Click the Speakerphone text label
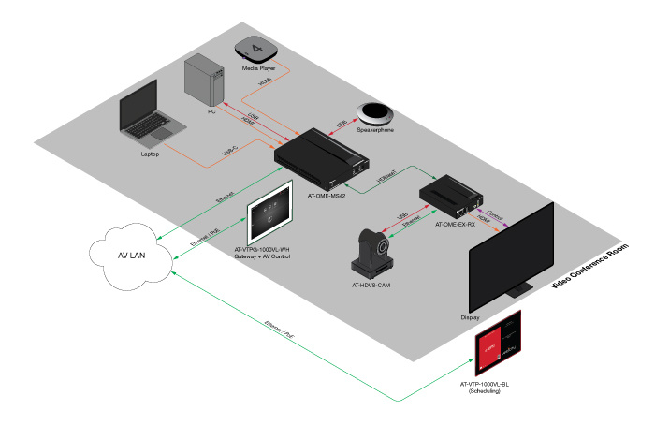pyautogui.click(x=374, y=130)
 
